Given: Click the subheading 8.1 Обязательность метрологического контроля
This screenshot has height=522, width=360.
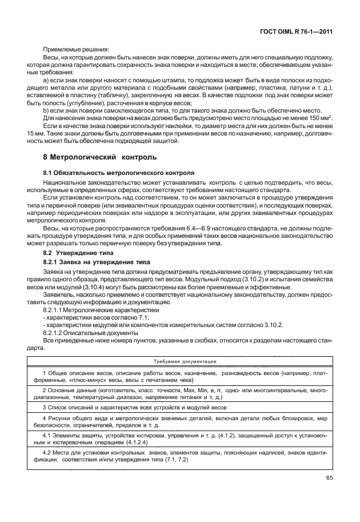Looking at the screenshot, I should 118,172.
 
